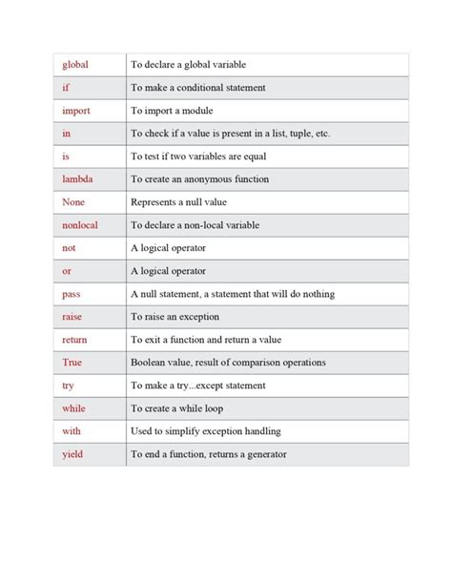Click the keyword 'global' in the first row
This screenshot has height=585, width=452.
(75, 65)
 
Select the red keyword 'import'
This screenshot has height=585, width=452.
(76, 111)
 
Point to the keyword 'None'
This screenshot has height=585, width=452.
(73, 202)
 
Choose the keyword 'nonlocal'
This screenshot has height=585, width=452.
(80, 225)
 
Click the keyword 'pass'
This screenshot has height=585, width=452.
(72, 294)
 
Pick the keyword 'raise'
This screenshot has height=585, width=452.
(72, 317)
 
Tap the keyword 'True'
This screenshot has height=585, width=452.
(72, 363)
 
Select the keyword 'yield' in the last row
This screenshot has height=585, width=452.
(72, 454)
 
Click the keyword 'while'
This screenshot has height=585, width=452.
(73, 408)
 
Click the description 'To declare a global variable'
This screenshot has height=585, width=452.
(188, 65)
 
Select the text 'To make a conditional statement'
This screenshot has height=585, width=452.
(197, 88)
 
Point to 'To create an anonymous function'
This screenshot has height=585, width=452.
(199, 179)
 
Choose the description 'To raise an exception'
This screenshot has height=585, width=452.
(175, 317)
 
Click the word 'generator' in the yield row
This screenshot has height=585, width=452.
(266, 454)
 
